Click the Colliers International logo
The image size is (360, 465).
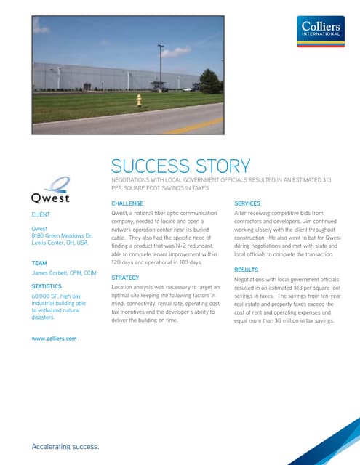coord(322,33)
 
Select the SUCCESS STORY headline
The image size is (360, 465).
coord(180,166)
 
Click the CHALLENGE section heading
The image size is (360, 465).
coord(127,203)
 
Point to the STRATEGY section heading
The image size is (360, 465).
coord(125,278)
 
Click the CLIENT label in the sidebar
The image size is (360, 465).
coord(41,215)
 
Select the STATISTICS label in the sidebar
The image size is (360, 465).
coord(47,287)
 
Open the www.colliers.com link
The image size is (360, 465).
coord(55,339)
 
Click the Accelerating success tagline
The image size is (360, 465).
coord(65,445)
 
